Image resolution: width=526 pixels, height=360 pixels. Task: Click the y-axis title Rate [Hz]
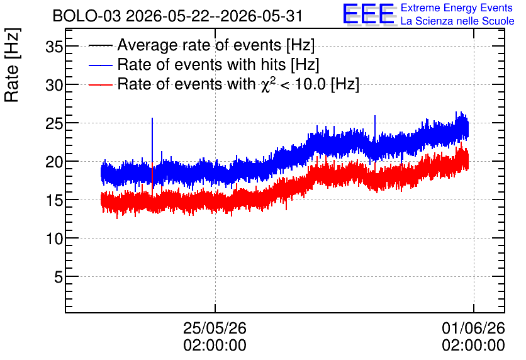[12, 65]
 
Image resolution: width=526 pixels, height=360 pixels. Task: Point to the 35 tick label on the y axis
[54, 47]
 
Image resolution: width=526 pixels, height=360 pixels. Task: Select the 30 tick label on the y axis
[54, 85]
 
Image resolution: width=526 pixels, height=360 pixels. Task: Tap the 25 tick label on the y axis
[54, 124]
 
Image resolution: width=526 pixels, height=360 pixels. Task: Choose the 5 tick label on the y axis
[59, 278]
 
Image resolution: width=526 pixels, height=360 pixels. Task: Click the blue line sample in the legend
[100, 65]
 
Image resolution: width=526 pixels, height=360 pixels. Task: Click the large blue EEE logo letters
[369, 14]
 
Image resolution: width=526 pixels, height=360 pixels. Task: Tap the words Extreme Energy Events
[457, 8]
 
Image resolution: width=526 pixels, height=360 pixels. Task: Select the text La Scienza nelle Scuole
[457, 21]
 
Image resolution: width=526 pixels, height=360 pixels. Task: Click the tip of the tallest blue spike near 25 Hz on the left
[152, 118]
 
